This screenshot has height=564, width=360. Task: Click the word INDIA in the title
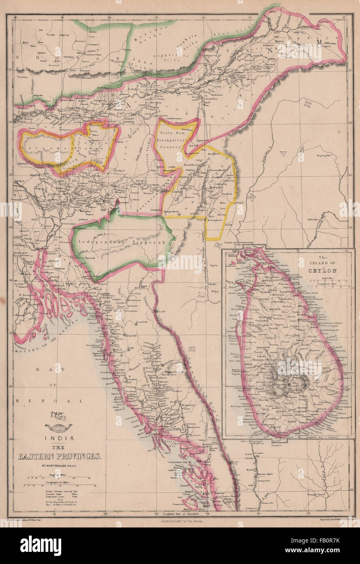pyautogui.click(x=59, y=438)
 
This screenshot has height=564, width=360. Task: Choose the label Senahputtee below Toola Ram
pyautogui.click(x=174, y=140)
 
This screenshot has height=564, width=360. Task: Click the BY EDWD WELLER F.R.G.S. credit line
pyautogui.click(x=59, y=465)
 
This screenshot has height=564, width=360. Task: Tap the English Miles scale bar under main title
pyautogui.click(x=59, y=478)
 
